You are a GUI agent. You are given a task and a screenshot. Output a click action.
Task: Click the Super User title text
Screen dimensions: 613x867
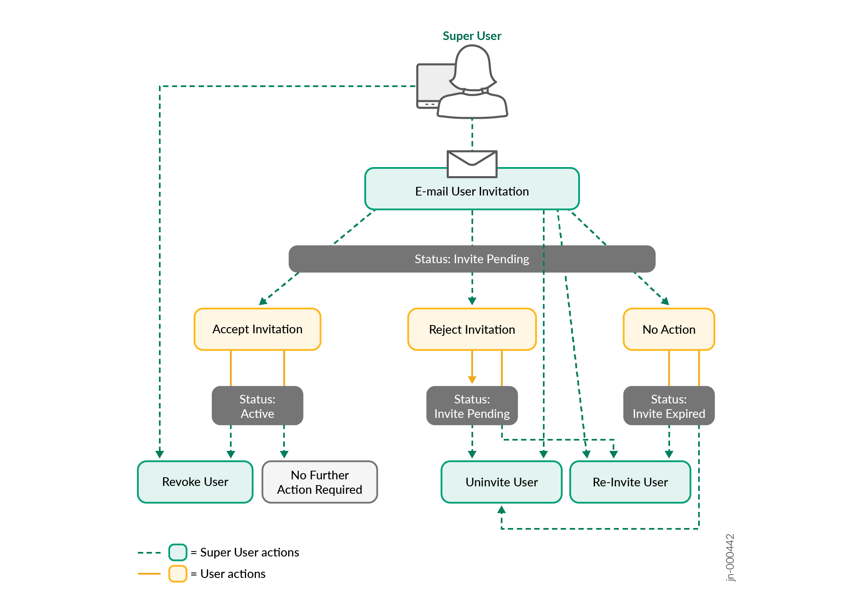click(471, 36)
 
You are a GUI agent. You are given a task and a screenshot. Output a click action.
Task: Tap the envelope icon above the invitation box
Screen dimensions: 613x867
click(472, 164)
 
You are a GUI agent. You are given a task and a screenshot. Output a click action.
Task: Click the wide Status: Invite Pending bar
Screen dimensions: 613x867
click(471, 259)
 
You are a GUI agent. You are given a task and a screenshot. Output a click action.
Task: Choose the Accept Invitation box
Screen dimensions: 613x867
click(257, 329)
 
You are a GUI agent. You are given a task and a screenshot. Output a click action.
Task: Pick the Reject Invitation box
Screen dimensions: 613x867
click(471, 329)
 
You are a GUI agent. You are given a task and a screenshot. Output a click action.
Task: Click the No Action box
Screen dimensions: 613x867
click(668, 329)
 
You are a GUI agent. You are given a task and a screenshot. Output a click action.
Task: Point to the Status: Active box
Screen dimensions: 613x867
click(257, 406)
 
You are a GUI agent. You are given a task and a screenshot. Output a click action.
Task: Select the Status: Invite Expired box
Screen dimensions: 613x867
click(668, 406)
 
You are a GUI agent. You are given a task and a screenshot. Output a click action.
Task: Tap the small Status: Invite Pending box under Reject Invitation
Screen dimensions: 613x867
click(471, 406)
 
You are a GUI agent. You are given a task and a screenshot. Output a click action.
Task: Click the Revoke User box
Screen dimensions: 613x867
click(195, 482)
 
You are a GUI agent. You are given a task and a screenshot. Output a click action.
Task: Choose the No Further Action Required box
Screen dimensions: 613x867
click(320, 482)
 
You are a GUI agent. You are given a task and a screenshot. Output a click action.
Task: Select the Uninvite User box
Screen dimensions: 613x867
click(501, 482)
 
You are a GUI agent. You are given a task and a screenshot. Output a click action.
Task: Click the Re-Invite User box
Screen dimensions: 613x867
click(630, 482)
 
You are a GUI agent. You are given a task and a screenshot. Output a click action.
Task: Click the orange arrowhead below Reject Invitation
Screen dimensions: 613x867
click(472, 380)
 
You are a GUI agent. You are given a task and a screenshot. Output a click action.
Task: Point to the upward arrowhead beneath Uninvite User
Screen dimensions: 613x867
click(501, 510)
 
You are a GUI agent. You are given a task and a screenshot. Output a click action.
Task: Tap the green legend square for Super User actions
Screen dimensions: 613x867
click(178, 552)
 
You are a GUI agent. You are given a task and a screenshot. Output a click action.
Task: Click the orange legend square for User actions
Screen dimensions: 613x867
click(178, 574)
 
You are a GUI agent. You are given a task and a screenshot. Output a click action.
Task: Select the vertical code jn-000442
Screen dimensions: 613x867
click(730, 557)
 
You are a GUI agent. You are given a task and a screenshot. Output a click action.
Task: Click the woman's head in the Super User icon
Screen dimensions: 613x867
click(472, 66)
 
